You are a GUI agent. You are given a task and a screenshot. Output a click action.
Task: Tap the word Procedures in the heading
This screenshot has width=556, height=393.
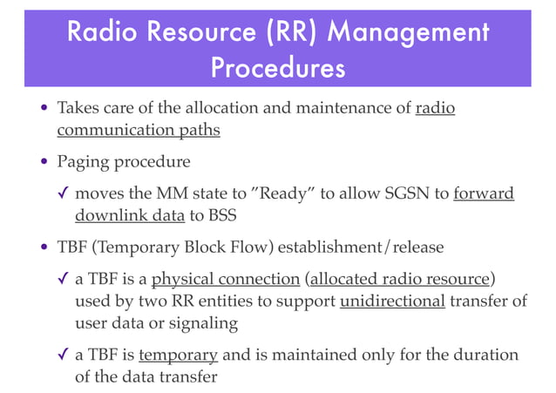(x=277, y=67)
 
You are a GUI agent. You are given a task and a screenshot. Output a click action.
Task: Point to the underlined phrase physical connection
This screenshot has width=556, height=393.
(x=225, y=280)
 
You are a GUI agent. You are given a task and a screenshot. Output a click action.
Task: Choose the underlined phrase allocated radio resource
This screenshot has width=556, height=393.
(x=400, y=280)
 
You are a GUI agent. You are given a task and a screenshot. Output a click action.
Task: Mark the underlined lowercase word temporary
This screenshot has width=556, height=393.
(x=177, y=355)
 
